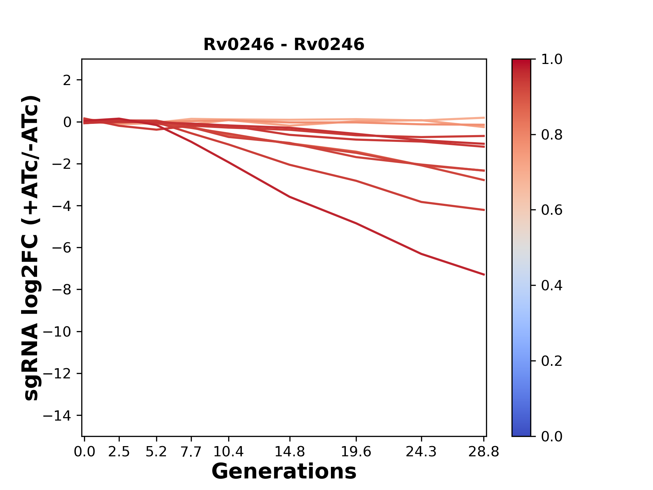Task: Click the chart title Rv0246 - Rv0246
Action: (x=284, y=45)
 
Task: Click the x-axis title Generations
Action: (x=284, y=472)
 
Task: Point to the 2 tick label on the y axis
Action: (x=67, y=80)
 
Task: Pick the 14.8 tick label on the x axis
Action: (x=289, y=452)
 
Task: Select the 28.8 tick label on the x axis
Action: (x=484, y=452)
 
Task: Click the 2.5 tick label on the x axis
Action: (x=119, y=452)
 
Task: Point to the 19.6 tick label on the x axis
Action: (x=356, y=452)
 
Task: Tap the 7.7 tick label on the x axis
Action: (x=191, y=452)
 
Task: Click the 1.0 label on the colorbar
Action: (x=552, y=60)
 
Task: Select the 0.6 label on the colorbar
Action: (x=552, y=210)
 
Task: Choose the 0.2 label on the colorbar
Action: (x=552, y=361)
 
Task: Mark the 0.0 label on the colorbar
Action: (x=552, y=437)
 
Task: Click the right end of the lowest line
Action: (x=484, y=274)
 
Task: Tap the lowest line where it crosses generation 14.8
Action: (x=289, y=197)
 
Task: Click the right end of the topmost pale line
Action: (x=484, y=118)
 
